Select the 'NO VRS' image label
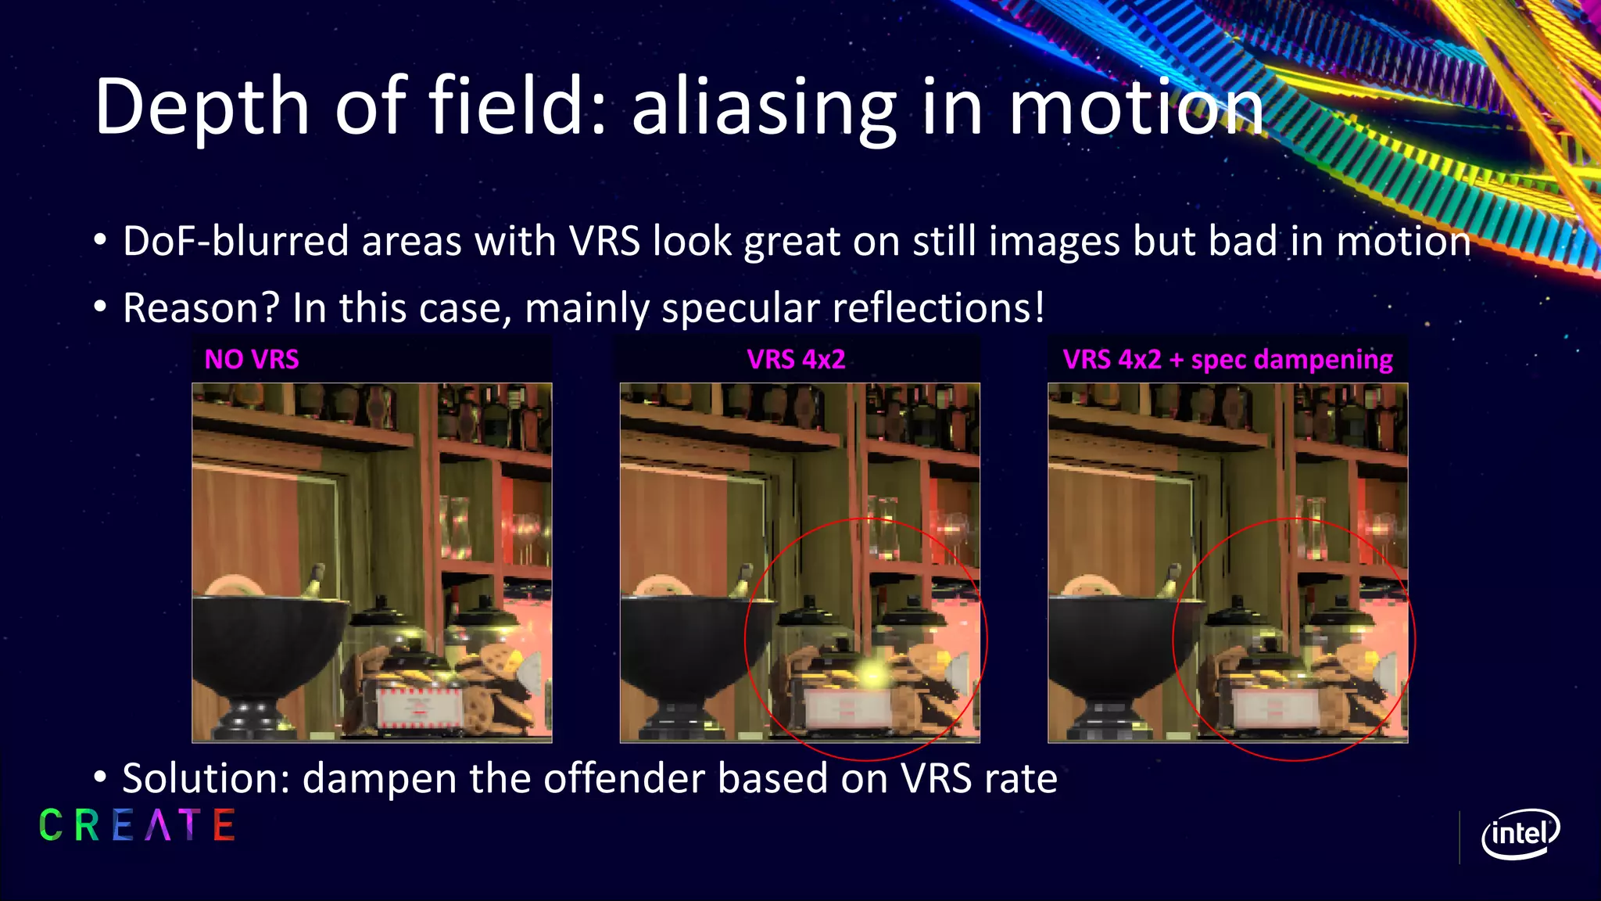[252, 360]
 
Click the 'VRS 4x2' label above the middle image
[796, 360]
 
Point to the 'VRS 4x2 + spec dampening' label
[1227, 360]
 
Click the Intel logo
[1520, 834]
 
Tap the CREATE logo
[137, 825]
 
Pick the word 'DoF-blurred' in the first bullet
[235, 241]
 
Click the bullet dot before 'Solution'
[99, 778]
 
